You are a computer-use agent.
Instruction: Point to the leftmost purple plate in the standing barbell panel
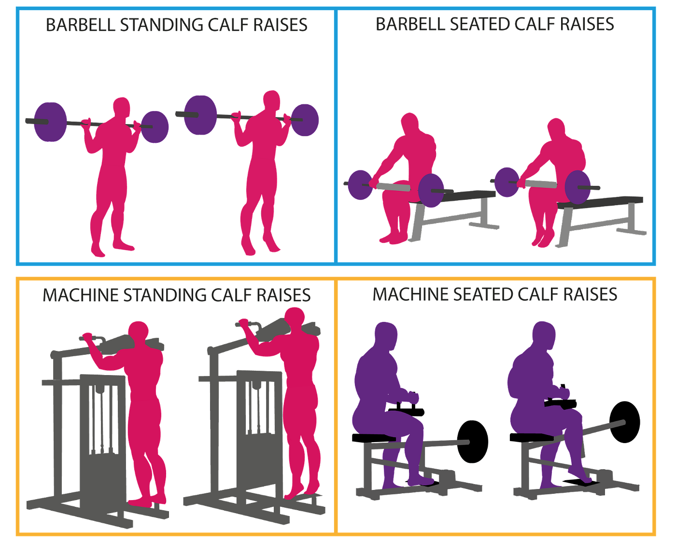point(50,121)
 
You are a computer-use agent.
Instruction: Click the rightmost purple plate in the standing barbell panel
point(305,120)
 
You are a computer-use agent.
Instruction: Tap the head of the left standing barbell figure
point(121,106)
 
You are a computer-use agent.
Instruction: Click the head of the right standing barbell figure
point(272,100)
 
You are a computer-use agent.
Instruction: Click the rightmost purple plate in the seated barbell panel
point(578,187)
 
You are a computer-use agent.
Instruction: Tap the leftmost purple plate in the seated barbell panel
point(360,184)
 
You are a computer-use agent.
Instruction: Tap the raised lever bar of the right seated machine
point(606,427)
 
